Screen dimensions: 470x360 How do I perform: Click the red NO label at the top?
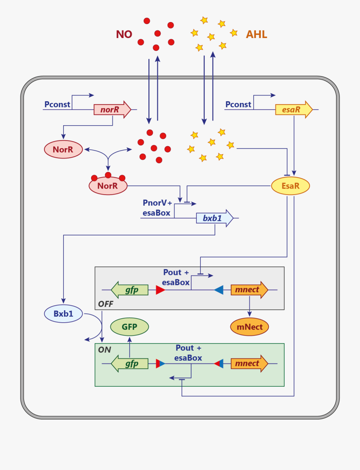pos(124,34)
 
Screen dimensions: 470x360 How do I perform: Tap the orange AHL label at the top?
pos(256,34)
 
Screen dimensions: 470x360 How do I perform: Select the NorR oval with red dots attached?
pos(108,186)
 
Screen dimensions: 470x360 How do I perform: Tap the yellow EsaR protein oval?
pos(290,186)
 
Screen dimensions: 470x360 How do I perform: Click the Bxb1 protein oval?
pos(63,314)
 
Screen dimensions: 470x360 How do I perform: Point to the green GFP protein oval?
pos(129,327)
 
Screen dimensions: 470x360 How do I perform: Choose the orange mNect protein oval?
pos(250,327)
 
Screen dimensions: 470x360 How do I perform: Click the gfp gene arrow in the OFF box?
pos(130,290)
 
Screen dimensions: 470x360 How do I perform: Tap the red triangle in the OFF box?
pos(160,290)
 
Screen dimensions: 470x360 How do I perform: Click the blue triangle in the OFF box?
pos(219,290)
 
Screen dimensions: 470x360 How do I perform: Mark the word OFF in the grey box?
pos(106,304)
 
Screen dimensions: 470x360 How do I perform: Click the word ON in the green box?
pos(104,349)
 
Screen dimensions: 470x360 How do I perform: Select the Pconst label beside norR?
pos(57,104)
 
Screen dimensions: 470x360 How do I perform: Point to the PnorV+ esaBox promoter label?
pos(157,208)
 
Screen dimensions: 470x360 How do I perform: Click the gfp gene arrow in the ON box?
pos(130,364)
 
